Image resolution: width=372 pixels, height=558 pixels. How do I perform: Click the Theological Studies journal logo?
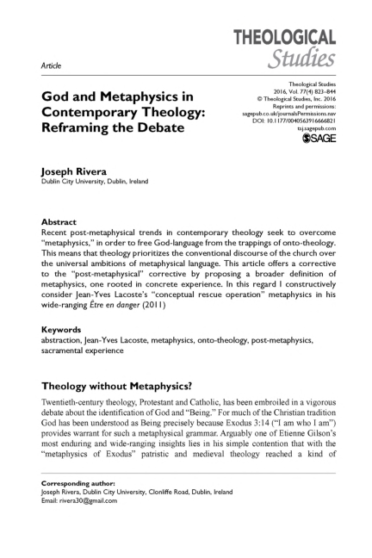pyautogui.click(x=289, y=48)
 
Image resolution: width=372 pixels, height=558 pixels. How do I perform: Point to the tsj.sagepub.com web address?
pyautogui.click(x=315, y=130)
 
